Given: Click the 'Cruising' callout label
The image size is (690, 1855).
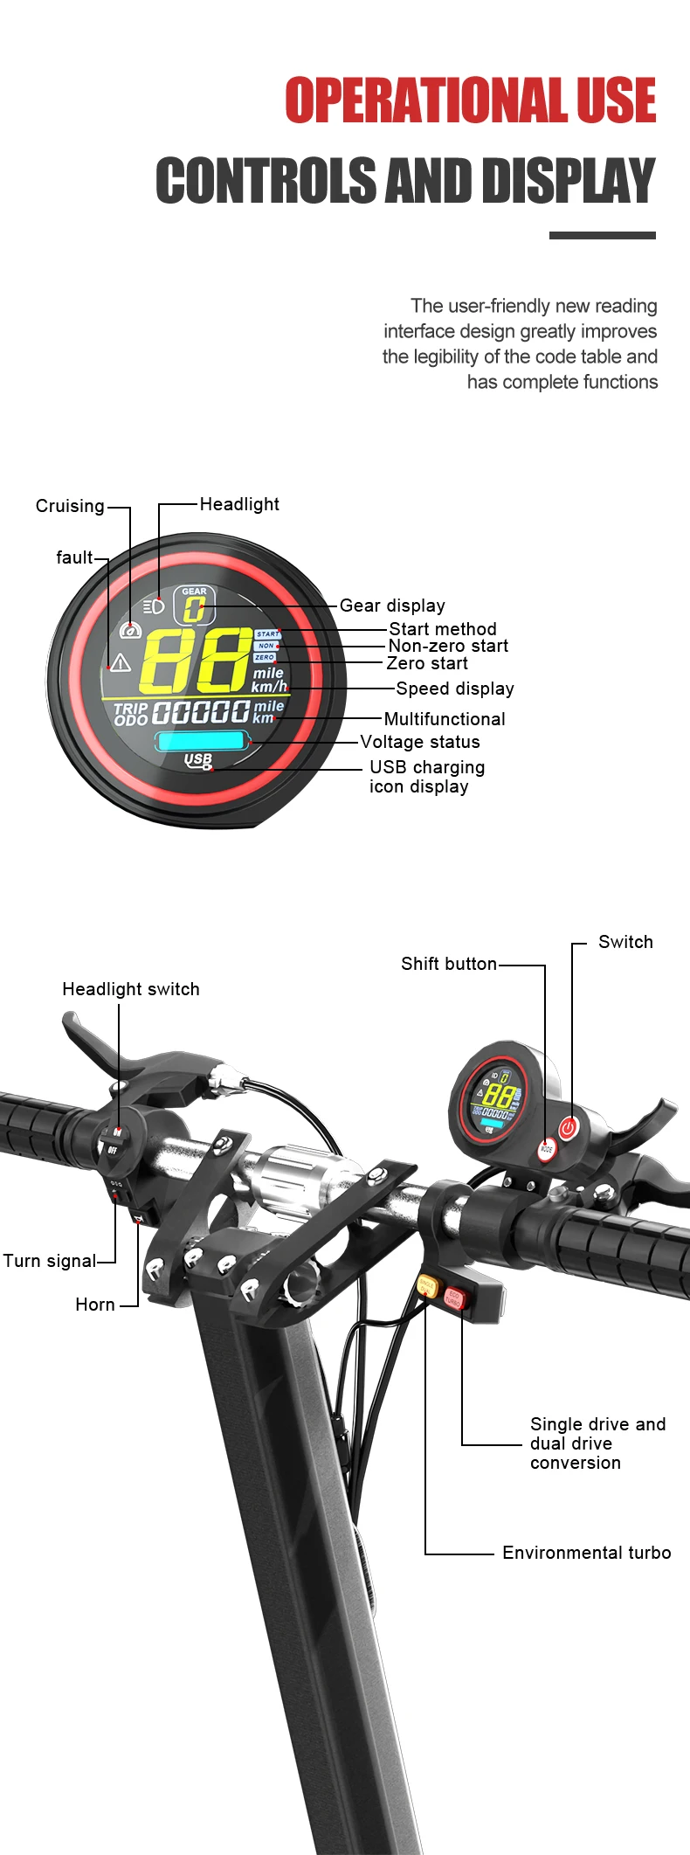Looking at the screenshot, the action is pos(70,506).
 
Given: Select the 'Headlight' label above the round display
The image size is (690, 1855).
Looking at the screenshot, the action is pos(239,504).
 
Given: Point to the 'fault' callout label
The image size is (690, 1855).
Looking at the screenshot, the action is pos(74,557).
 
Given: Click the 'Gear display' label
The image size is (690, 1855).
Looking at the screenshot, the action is pos(392,606).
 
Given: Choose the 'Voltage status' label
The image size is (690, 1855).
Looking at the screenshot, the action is pos(420,742).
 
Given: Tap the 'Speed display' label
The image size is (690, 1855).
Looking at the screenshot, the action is pos(455,689).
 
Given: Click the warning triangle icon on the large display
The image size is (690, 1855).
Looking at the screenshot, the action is pos(121,663).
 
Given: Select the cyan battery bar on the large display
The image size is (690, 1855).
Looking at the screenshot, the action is pos(201,742).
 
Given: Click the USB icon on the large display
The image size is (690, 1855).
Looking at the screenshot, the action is pos(198,761).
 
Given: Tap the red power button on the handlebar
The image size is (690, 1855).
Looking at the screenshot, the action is pos(569,1128).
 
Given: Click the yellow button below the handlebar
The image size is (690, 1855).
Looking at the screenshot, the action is pos(427,1285).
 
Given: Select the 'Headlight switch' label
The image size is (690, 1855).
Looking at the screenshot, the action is pos(131,989).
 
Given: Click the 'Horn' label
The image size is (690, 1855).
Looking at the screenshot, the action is pos(95,1305).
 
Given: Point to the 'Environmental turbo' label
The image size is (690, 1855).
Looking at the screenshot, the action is pos(587,1553).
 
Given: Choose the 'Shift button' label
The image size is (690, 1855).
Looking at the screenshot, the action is pos(449,964).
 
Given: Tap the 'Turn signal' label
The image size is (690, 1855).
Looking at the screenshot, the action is pos(50,1261).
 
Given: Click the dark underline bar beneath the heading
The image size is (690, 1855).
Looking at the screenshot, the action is pos(602,235).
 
